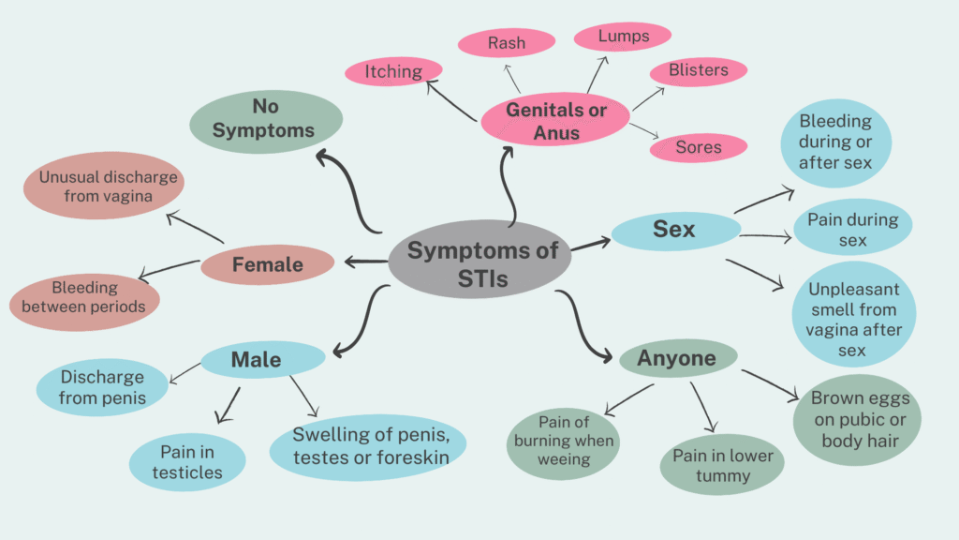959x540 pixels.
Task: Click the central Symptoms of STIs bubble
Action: pyautogui.click(x=482, y=262)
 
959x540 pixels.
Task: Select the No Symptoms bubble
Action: pyautogui.click(x=266, y=120)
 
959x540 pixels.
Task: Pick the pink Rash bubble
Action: pyautogui.click(x=506, y=42)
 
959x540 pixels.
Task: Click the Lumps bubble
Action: pyautogui.click(x=623, y=37)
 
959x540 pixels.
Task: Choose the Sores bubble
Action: pyautogui.click(x=699, y=147)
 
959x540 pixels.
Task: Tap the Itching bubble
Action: pyautogui.click(x=393, y=70)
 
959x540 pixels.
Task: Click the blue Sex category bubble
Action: pyautogui.click(x=674, y=230)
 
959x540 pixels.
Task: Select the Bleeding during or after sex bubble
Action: pyautogui.click(x=835, y=142)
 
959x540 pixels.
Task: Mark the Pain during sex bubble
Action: pyautogui.click(x=852, y=230)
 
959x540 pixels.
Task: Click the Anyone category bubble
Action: pyautogui.click(x=677, y=358)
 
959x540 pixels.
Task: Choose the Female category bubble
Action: pyautogui.click(x=267, y=264)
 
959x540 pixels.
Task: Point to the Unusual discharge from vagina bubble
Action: pyautogui.click(x=109, y=187)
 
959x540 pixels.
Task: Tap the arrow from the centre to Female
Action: pyautogui.click(x=365, y=261)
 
